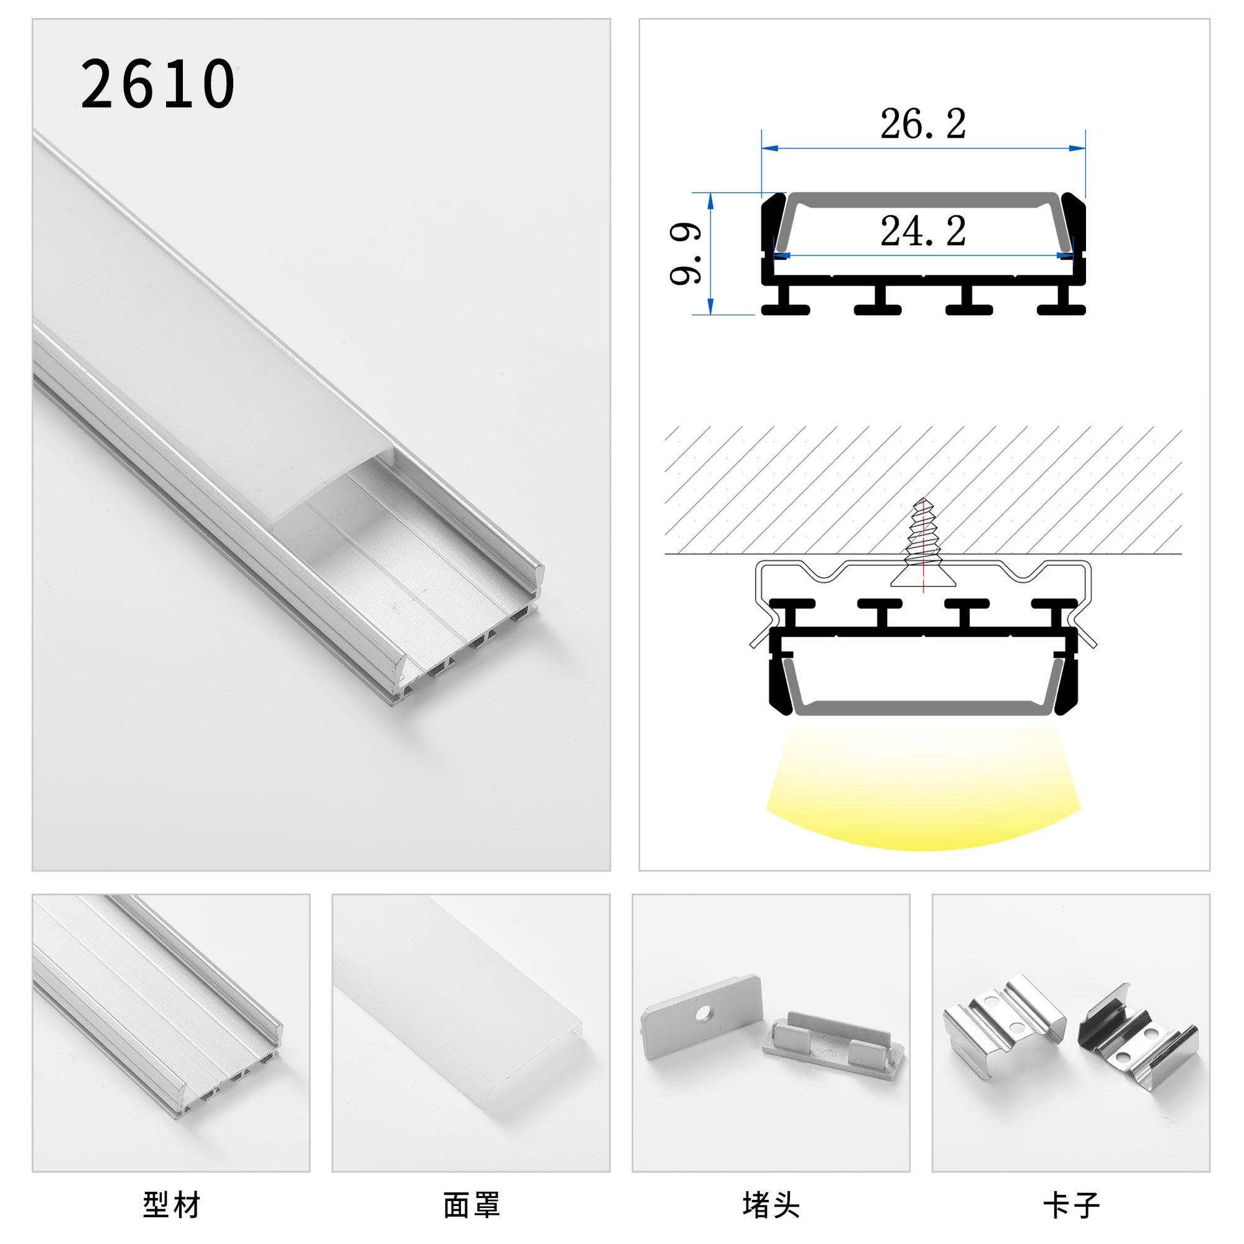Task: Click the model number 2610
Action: [x=158, y=84]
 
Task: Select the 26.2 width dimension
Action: [x=922, y=124]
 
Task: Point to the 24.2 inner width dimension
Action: [x=922, y=231]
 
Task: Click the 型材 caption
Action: [x=171, y=1204]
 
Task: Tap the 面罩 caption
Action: [x=471, y=1204]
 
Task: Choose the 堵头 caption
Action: [x=771, y=1204]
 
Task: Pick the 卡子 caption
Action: [x=1071, y=1204]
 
